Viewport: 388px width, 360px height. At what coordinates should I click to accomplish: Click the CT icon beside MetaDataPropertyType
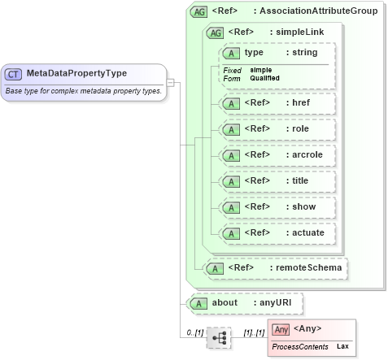14,74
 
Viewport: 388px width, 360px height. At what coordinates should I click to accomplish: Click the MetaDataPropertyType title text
76,74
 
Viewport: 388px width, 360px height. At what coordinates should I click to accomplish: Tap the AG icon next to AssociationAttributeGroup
198,12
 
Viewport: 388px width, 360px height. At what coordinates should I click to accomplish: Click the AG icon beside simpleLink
216,33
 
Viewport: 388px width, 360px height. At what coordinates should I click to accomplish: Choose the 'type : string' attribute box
277,53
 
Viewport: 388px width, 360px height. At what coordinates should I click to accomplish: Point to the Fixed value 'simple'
261,71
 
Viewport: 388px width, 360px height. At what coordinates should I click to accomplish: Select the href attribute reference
277,103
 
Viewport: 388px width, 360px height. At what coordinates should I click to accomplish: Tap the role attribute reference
277,129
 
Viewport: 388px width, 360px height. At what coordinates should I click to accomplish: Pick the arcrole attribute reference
277,155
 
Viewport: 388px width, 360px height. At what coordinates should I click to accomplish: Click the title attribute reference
277,181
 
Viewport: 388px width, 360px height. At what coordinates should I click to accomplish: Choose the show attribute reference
277,207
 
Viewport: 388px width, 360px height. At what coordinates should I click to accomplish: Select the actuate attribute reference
277,233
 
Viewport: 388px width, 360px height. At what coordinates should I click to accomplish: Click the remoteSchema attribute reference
277,267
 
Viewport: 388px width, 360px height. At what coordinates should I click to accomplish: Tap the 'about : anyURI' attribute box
244,303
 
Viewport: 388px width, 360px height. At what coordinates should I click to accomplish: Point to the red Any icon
281,329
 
